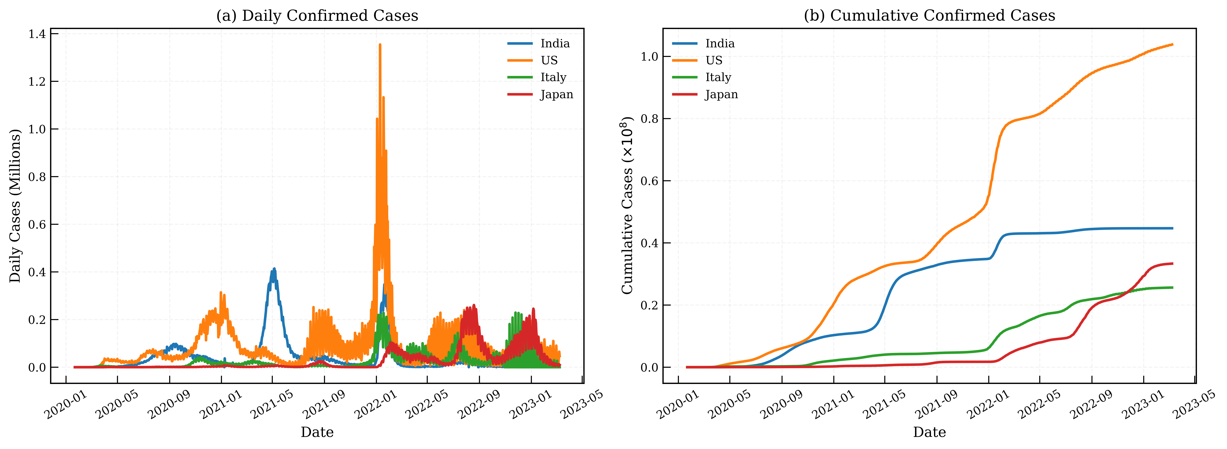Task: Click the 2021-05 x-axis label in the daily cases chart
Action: [x=271, y=404]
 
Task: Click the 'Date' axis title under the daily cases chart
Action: [x=317, y=432]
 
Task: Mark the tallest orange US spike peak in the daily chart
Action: [x=380, y=44]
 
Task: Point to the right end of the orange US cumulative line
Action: [x=1172, y=44]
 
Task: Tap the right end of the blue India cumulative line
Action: [x=1172, y=228]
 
